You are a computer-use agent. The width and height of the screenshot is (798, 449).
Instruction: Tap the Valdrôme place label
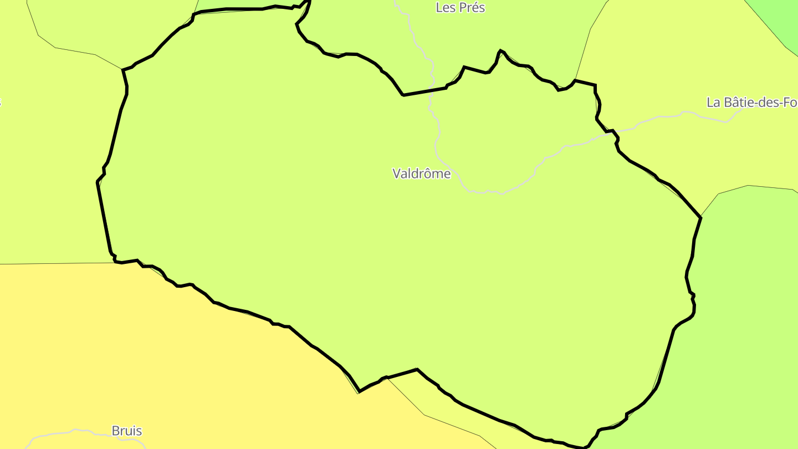coord(422,174)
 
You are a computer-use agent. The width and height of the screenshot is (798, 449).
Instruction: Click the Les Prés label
coord(460,8)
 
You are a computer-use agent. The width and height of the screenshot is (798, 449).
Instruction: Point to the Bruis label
coord(127,431)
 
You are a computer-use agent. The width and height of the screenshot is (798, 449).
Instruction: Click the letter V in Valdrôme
coord(397,174)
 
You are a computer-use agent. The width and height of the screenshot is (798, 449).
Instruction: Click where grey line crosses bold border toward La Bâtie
coord(610,131)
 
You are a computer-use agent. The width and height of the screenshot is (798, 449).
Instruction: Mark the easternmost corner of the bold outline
coord(701,218)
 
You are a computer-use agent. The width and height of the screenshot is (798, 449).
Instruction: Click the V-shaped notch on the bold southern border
coord(360,391)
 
